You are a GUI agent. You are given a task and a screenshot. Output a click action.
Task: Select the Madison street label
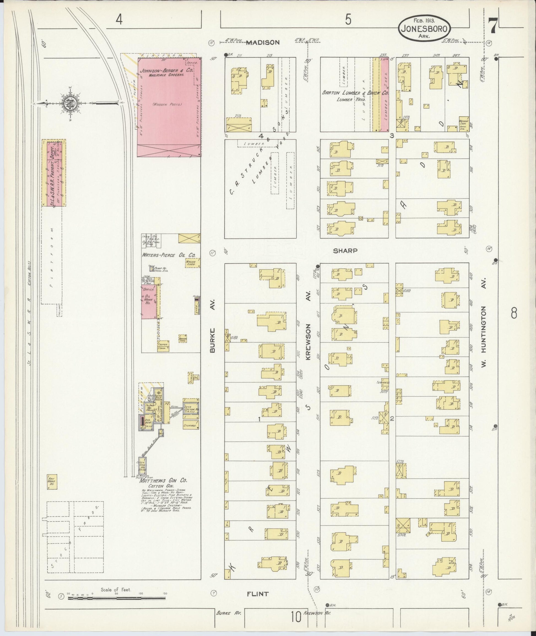click(x=262, y=42)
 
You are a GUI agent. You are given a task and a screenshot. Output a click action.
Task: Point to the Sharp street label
click(x=345, y=251)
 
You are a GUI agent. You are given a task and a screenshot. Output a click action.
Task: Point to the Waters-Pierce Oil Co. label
click(x=169, y=255)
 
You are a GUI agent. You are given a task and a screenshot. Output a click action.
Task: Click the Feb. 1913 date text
click(x=424, y=21)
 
